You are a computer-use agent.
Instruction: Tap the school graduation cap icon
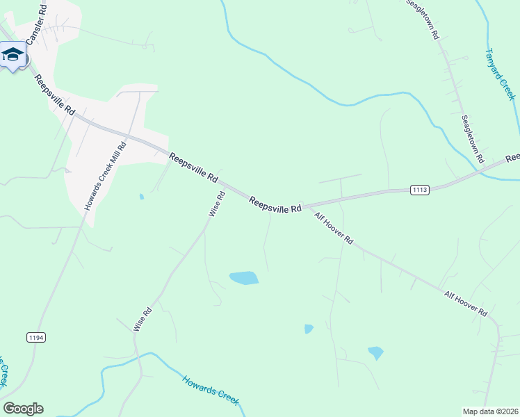click(13, 54)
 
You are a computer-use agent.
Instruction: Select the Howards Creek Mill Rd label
click(105, 177)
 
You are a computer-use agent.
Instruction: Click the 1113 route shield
click(420, 189)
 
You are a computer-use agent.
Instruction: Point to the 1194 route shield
click(36, 337)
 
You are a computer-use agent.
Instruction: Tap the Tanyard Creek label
click(500, 74)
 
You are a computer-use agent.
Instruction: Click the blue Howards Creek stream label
click(211, 390)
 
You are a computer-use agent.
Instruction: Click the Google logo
click(23, 409)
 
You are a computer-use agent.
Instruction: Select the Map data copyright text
click(489, 411)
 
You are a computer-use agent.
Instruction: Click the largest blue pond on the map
click(244, 278)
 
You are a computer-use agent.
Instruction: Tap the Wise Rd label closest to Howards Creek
click(143, 320)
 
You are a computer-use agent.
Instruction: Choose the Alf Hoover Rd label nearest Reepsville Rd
click(334, 229)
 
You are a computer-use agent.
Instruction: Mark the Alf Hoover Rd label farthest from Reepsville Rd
click(466, 304)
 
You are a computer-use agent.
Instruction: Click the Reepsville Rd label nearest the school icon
click(54, 95)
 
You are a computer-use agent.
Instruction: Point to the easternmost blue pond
click(375, 352)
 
